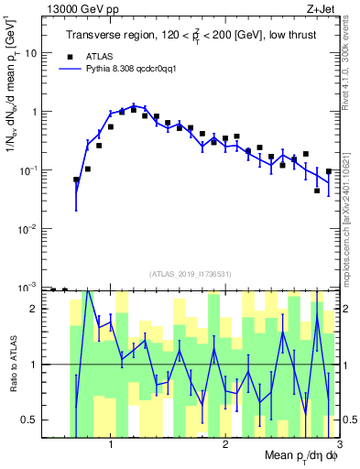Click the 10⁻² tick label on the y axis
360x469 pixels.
[x=28, y=229]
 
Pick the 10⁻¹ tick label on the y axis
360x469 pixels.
[x=28, y=170]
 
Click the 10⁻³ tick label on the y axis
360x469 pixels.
[x=28, y=288]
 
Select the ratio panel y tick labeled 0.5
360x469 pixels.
[x=30, y=420]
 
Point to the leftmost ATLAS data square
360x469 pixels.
[x=76, y=180]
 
